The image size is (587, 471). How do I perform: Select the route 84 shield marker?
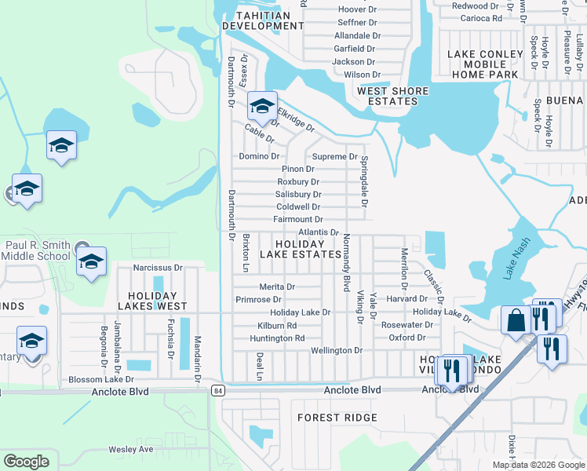[x=218, y=390]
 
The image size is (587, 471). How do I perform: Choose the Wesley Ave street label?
[x=130, y=450]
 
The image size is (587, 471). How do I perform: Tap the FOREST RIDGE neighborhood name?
[x=337, y=418]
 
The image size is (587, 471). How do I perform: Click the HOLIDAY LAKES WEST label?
[x=152, y=299]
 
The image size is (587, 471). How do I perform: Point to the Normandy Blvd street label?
[x=345, y=263]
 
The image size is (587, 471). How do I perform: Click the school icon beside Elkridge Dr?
[x=262, y=105]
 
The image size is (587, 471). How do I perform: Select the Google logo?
[x=27, y=462]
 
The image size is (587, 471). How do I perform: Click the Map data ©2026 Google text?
[x=538, y=465]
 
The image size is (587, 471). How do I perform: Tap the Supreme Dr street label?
[x=335, y=157]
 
